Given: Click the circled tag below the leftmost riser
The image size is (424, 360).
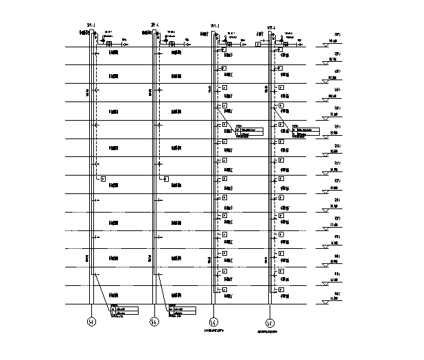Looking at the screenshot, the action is pos(91,321).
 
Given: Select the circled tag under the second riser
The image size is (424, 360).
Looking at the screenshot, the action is pos(154,321).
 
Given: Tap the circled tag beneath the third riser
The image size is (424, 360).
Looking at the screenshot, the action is pos(213,321).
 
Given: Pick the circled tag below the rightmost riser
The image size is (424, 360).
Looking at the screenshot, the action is pos(270,321).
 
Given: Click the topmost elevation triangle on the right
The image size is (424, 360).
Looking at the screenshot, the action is pos(327,45).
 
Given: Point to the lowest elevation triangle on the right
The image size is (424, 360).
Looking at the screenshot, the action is pos(327,301).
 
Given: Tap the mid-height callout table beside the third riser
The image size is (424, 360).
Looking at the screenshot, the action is pos(248,132).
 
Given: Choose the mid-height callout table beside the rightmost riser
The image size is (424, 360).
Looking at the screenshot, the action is pos(305,132).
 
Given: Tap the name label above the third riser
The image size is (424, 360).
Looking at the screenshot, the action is pos(214,27).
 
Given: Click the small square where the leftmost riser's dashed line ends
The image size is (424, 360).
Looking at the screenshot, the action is pos(103,178).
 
